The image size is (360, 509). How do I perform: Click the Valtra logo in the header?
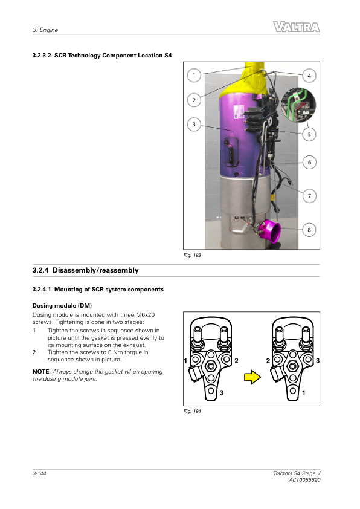(x=296, y=27)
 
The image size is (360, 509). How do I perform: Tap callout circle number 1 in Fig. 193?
(x=194, y=76)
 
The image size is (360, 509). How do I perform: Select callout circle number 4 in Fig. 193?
(x=309, y=76)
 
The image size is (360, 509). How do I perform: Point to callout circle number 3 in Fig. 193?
(x=194, y=125)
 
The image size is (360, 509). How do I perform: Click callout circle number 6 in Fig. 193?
(x=309, y=162)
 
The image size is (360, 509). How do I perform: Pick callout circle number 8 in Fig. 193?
(x=309, y=230)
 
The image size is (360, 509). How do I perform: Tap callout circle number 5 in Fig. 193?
(x=309, y=134)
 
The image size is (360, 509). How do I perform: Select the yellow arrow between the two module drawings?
(x=252, y=378)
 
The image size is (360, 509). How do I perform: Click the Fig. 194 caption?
(x=192, y=411)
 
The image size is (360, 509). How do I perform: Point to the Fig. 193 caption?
(x=192, y=255)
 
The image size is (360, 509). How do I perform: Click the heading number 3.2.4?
(x=40, y=270)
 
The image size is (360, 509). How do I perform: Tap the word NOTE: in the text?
(x=42, y=371)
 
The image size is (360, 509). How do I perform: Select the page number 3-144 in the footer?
(x=39, y=473)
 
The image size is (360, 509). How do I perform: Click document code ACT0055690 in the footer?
(x=304, y=480)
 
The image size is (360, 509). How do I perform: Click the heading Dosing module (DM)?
(x=62, y=305)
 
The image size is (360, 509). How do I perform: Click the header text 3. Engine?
(x=45, y=30)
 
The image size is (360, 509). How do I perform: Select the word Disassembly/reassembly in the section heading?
(x=95, y=270)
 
